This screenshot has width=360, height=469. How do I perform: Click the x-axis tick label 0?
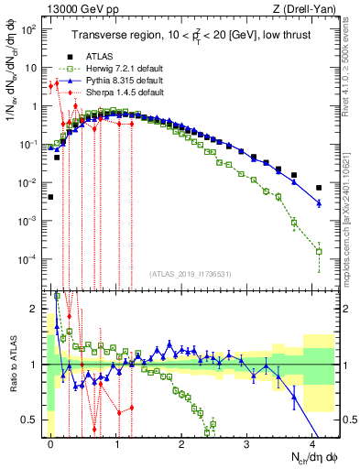tap(51, 442)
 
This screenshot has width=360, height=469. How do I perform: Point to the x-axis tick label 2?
tap(182, 442)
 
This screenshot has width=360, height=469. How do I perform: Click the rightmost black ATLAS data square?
tap(319, 188)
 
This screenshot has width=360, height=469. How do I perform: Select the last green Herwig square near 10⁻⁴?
tap(319, 251)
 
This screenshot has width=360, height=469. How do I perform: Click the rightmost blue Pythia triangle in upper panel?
tap(319, 203)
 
